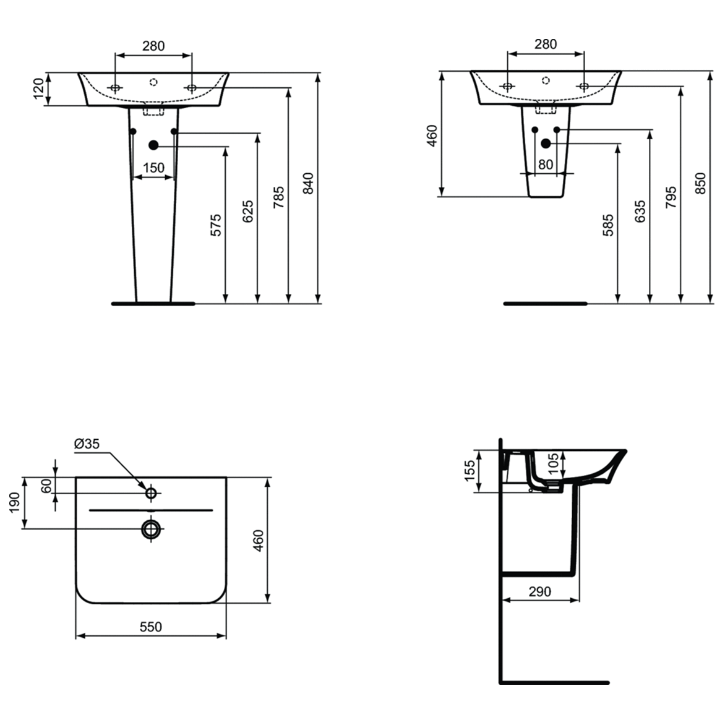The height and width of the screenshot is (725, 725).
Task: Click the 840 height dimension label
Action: tap(309, 183)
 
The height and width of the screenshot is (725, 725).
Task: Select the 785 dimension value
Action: tap(279, 197)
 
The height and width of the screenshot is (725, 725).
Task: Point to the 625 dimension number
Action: tap(247, 212)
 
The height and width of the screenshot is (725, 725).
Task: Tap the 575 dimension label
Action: tap(215, 226)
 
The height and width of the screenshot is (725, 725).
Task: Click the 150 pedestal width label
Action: tap(154, 167)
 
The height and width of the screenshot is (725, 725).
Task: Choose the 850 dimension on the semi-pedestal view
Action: tap(700, 182)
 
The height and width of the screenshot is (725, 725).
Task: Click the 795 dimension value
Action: tap(671, 197)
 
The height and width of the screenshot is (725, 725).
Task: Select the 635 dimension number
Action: tap(640, 212)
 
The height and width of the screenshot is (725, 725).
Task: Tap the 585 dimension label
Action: tap(609, 226)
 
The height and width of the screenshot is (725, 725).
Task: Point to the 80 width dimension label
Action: tap(545, 165)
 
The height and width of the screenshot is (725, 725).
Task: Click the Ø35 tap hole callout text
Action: tap(87, 444)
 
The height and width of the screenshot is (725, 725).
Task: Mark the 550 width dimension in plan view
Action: tap(150, 627)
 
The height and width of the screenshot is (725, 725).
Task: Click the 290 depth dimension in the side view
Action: tap(539, 591)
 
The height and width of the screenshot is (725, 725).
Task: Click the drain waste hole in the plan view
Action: tap(151, 528)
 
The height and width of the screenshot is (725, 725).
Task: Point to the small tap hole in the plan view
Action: tap(151, 493)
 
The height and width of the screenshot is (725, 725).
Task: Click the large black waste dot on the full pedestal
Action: tap(153, 145)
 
